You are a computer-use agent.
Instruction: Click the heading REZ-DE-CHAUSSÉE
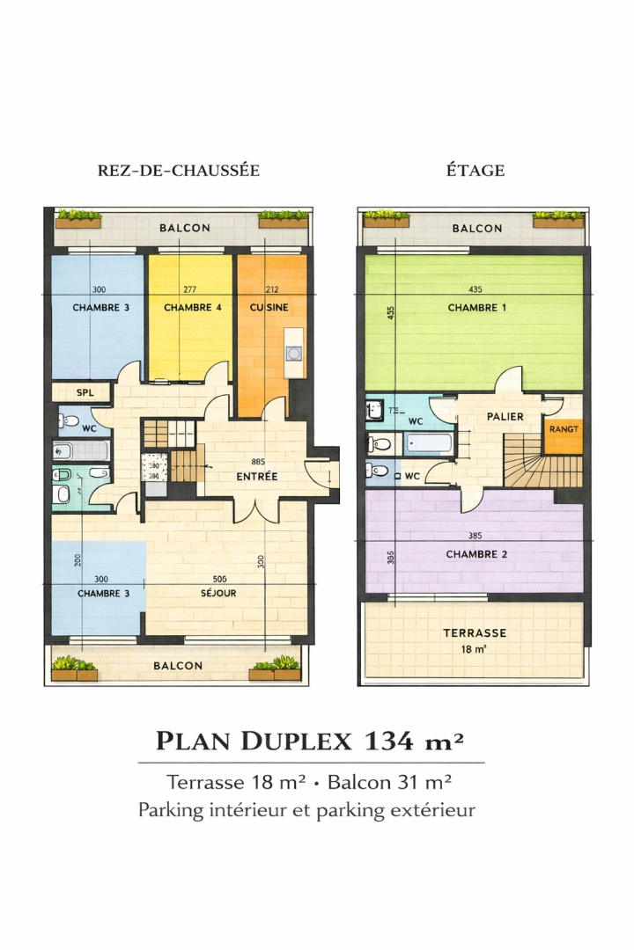click(179, 171)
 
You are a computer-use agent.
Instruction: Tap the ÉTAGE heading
click(475, 171)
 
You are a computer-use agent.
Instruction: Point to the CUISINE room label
click(269, 308)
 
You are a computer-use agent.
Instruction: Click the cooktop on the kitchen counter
click(294, 353)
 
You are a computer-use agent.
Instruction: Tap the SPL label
click(85, 392)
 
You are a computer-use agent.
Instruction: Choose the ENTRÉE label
click(257, 477)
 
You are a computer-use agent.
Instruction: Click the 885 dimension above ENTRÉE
click(258, 461)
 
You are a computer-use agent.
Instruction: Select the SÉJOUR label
click(217, 593)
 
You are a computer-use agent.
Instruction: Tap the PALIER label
click(505, 417)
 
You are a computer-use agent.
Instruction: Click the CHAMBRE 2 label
click(476, 554)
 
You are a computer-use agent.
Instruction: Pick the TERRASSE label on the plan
click(475, 632)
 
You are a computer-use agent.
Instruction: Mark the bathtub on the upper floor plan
click(430, 442)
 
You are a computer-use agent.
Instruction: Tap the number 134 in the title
click(390, 741)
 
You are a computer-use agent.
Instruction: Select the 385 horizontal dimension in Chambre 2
click(475, 537)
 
